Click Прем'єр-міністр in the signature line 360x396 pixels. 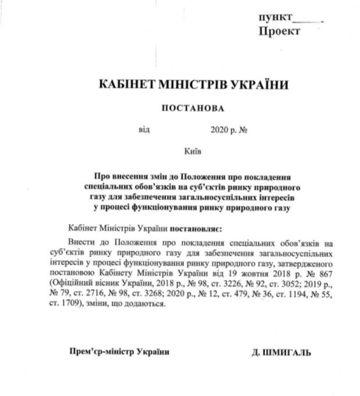point(97,352)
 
